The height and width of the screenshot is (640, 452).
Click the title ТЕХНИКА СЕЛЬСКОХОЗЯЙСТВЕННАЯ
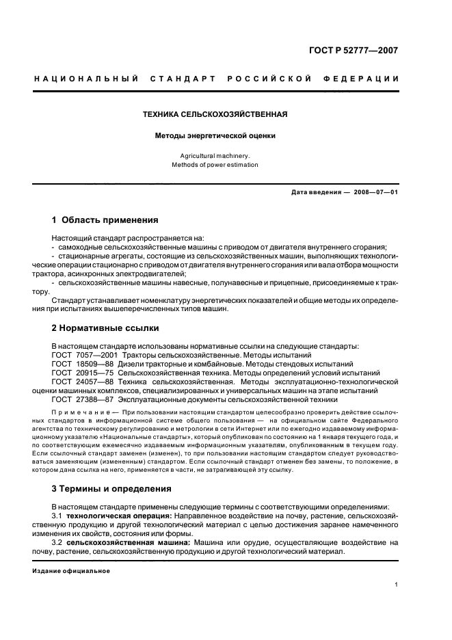click(215, 114)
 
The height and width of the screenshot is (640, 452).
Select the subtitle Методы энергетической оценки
click(215, 136)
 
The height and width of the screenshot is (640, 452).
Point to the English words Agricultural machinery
click(215, 155)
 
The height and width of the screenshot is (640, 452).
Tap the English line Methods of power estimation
click(215, 165)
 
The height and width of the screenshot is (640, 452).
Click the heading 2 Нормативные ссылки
click(105, 328)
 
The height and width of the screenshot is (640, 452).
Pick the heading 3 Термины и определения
click(114, 489)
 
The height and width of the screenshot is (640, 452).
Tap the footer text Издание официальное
click(71, 570)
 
